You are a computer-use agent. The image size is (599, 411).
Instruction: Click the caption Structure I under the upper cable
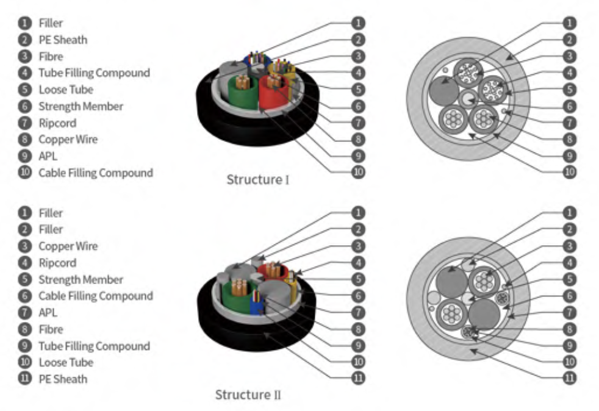pyautogui.click(x=258, y=180)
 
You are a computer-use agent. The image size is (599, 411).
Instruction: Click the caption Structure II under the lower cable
pyautogui.click(x=248, y=395)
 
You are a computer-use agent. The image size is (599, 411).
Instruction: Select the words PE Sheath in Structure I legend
pyautogui.click(x=63, y=40)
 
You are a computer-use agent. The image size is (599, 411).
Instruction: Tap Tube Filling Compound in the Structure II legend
pyautogui.click(x=94, y=346)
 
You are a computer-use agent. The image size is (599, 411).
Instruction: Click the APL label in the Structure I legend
pyautogui.click(x=48, y=155)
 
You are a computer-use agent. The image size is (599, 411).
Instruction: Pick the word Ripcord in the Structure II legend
pyautogui.click(x=57, y=263)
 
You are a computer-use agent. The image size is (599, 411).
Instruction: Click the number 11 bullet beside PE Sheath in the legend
pyautogui.click(x=24, y=379)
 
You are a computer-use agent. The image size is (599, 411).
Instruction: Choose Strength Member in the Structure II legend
pyautogui.click(x=81, y=279)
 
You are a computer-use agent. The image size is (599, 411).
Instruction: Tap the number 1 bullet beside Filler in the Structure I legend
pyautogui.click(x=24, y=23)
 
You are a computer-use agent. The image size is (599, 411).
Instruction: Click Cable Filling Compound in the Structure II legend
pyautogui.click(x=95, y=296)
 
